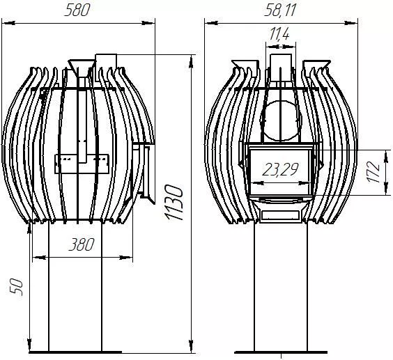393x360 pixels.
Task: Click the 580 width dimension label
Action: tap(77, 10)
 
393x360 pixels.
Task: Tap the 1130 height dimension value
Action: tap(175, 203)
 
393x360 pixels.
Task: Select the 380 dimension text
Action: tap(82, 244)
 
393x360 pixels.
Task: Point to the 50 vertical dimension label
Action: tap(16, 287)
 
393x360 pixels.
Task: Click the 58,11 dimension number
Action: tap(280, 10)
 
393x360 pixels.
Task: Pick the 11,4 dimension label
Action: tap(279, 33)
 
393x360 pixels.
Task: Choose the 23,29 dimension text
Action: tap(280, 169)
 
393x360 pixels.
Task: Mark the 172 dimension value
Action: tap(373, 173)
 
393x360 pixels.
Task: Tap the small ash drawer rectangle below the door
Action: tap(280, 214)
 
